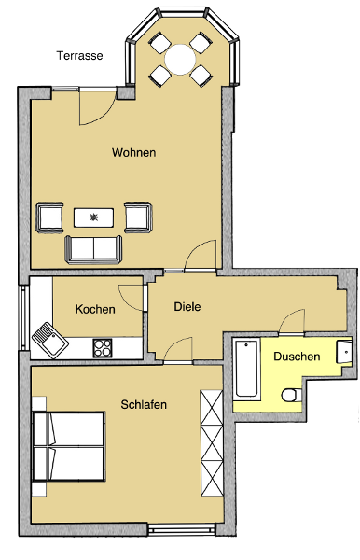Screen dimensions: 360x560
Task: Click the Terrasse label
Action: click(79, 56)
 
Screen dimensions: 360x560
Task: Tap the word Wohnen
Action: click(133, 152)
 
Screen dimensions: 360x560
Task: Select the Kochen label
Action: click(95, 309)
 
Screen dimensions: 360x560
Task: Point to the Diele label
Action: click(187, 306)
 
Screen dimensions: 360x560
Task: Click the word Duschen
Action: click(297, 357)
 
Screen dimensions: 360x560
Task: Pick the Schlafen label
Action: click(144, 404)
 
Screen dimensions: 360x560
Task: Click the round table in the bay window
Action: click(180, 60)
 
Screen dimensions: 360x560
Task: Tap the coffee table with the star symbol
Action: click(94, 217)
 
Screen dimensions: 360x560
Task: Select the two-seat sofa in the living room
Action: click(93, 249)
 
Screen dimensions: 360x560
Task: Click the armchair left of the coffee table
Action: click(49, 217)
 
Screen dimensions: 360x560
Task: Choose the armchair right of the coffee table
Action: click(138, 217)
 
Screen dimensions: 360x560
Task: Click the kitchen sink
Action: click(50, 340)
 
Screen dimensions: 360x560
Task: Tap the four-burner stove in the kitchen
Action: click(103, 348)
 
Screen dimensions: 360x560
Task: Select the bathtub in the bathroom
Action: click(246, 369)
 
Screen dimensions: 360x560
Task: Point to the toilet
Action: click(292, 395)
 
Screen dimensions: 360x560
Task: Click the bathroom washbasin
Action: click(344, 352)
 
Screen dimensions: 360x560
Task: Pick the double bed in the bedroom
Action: click(68, 446)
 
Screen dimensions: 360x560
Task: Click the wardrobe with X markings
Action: click(212, 442)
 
